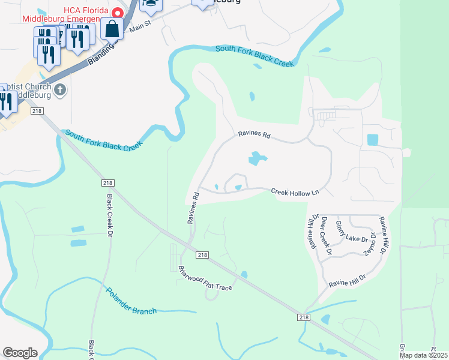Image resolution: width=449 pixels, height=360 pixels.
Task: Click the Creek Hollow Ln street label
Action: [x=295, y=192]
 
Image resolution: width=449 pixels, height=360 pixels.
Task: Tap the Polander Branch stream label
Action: [x=131, y=302]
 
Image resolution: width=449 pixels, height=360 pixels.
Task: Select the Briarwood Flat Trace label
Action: [x=205, y=278]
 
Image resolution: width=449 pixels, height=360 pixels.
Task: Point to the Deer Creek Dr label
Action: [x=326, y=235]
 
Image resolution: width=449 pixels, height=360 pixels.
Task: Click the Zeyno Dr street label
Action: [x=373, y=244]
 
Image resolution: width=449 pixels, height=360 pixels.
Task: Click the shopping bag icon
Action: [x=112, y=28]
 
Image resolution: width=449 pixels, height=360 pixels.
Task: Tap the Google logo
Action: [x=20, y=353]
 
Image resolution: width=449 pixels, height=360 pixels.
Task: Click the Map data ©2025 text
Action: [x=423, y=355]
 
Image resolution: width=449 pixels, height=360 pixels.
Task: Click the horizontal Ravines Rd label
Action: [x=254, y=135]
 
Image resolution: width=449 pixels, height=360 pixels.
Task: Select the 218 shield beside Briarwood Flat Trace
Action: [x=203, y=255]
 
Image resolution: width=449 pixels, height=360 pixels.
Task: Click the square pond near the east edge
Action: [x=372, y=140]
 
